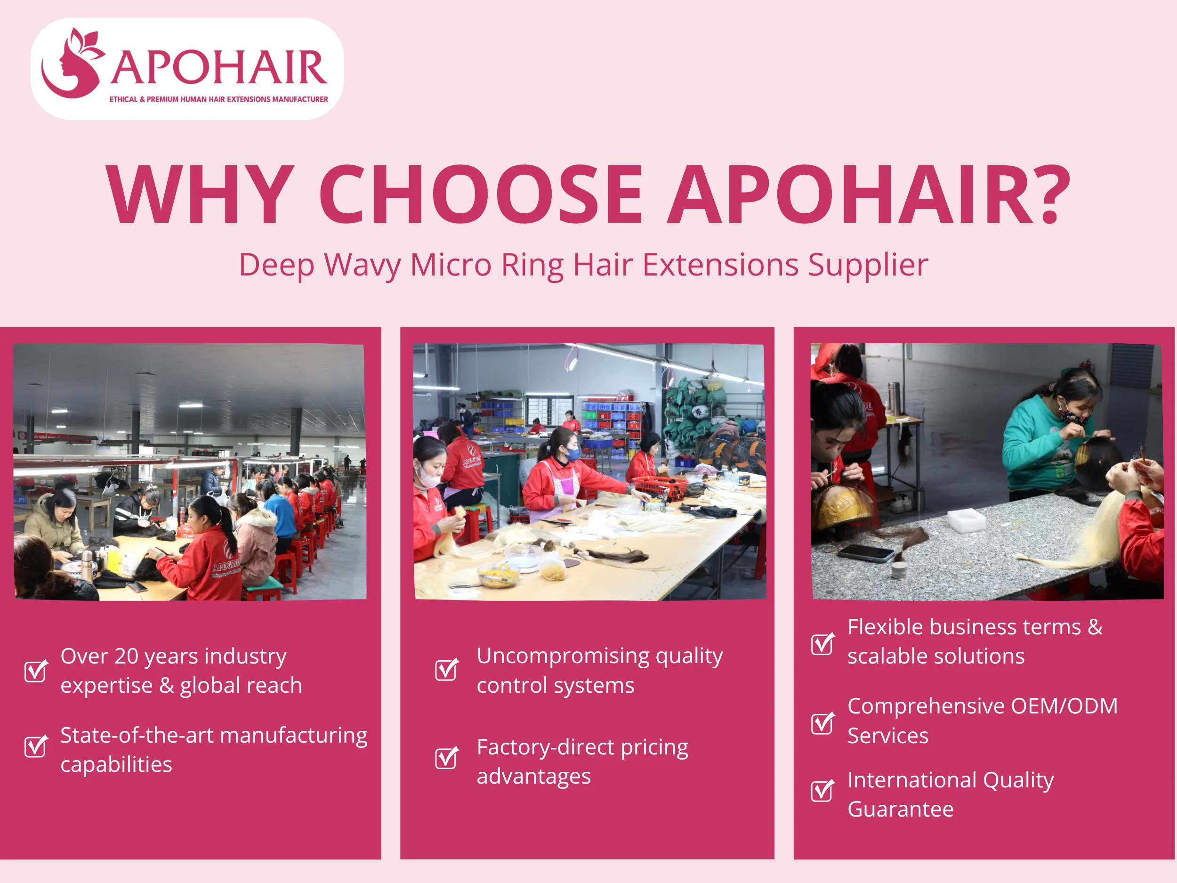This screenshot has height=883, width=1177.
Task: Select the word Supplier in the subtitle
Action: click(868, 265)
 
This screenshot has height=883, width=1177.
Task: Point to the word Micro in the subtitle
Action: click(451, 265)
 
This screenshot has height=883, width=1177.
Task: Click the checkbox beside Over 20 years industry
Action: click(36, 671)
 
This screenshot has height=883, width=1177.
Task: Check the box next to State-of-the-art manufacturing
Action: click(36, 746)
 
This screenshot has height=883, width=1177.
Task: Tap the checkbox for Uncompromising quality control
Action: click(446, 670)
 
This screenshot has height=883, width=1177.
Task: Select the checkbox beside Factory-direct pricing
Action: click(446, 758)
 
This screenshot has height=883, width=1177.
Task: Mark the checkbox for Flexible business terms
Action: click(822, 644)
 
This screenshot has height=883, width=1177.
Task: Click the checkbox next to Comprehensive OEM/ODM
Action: click(822, 723)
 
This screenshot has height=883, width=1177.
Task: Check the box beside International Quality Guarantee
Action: click(822, 790)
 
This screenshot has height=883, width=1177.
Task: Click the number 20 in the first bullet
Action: click(126, 656)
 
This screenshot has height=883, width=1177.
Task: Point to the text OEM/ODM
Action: click(1064, 706)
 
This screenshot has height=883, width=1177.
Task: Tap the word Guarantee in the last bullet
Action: click(900, 810)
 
